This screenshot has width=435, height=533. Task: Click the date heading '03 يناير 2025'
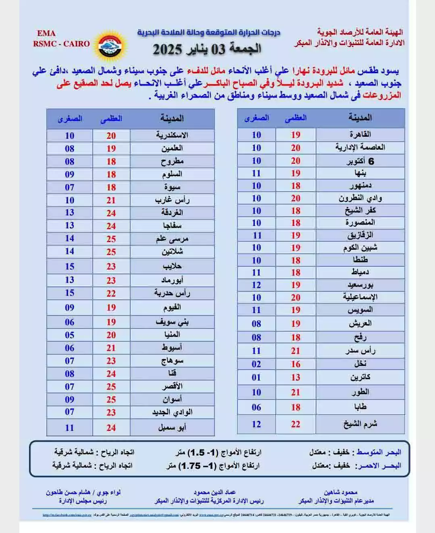click(207, 49)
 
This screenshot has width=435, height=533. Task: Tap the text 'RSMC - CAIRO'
click(61, 44)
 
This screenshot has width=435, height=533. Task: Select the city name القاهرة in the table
click(360, 134)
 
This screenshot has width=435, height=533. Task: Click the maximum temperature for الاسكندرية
click(111, 136)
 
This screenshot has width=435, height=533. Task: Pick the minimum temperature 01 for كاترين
click(256, 378)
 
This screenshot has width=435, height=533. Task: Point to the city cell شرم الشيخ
click(360, 424)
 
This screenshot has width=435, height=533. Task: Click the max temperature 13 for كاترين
click(296, 378)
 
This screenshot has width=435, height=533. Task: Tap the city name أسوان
click(172, 399)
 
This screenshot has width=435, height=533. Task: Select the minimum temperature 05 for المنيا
click(70, 335)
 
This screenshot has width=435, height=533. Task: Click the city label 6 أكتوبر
click(360, 161)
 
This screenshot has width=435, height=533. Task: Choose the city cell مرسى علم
click(172, 239)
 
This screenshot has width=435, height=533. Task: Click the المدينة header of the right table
click(360, 118)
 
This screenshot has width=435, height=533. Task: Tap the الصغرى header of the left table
click(70, 119)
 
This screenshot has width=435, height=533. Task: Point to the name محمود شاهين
click(341, 492)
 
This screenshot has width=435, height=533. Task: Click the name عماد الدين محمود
click(214, 492)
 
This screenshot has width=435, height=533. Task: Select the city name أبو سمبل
click(172, 428)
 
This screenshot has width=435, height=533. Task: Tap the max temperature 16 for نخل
click(296, 364)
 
